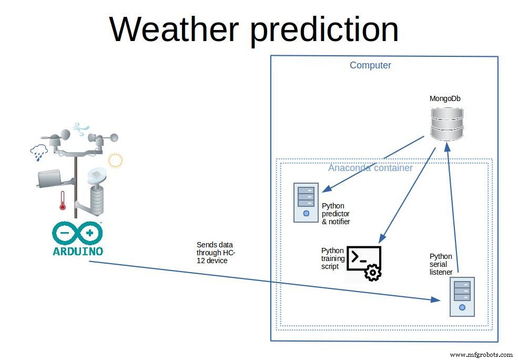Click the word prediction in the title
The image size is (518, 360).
click(x=324, y=30)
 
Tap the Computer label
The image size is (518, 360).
click(x=370, y=65)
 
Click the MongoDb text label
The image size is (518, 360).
click(x=445, y=98)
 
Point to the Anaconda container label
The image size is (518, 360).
click(x=370, y=168)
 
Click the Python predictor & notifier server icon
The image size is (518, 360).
click(x=306, y=202)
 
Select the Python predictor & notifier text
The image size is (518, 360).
click(x=336, y=214)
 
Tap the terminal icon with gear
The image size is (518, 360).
click(x=364, y=263)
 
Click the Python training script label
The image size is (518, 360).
click(x=333, y=258)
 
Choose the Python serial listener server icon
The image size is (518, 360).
click(x=462, y=296)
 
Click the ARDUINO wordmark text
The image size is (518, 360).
click(x=78, y=251)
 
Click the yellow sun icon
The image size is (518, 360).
click(x=115, y=159)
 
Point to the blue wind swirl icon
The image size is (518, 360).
click(x=81, y=128)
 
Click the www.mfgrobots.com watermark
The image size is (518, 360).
click(x=481, y=355)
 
